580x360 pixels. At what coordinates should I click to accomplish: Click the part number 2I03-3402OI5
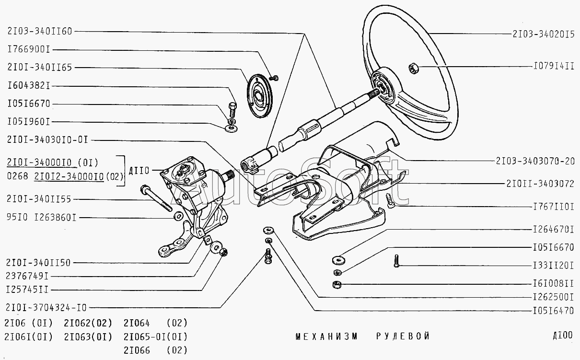(x=543, y=34)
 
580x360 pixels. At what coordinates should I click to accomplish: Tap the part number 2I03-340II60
(x=39, y=31)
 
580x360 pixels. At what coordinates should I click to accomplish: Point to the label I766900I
(x=29, y=49)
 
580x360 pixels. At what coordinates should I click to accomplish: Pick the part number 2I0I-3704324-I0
(x=46, y=307)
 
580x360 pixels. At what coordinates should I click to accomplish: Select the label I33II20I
(x=554, y=265)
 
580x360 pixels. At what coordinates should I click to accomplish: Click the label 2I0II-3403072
(x=540, y=183)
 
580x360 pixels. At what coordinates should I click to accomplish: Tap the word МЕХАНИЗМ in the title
(x=326, y=336)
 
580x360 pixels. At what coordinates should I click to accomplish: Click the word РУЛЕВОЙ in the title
(x=403, y=336)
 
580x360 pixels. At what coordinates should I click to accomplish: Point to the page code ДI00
(x=562, y=335)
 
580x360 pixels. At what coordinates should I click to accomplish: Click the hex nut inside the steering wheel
(x=413, y=68)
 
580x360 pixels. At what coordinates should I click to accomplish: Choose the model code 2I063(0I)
(x=88, y=336)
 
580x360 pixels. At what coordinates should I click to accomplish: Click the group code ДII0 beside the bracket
(x=139, y=170)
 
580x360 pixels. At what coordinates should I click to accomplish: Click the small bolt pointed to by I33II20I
(x=397, y=261)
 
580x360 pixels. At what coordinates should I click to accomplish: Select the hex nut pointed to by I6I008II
(x=336, y=284)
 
